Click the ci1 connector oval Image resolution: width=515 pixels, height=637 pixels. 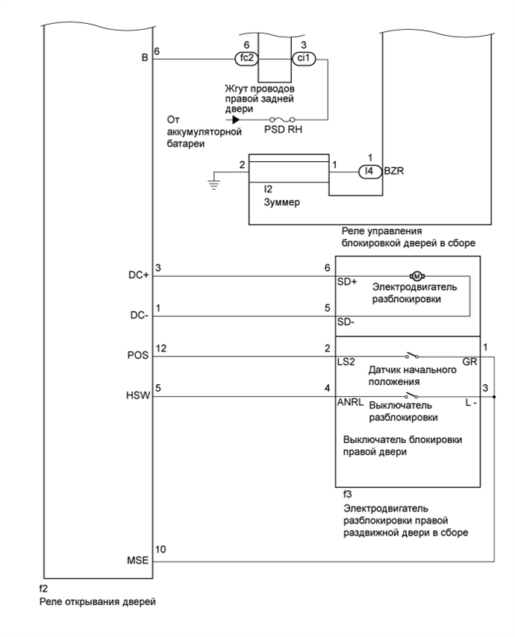coord(303,57)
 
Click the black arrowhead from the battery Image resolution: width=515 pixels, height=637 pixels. coord(236,119)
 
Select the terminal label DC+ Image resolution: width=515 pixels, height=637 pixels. coord(139,275)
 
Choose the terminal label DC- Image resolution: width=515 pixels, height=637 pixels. coord(140,316)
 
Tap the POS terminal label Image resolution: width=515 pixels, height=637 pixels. coord(138,357)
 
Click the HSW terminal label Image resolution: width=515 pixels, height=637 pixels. coord(139,398)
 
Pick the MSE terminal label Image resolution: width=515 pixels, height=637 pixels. coord(139,559)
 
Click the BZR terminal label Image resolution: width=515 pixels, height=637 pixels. coord(393,172)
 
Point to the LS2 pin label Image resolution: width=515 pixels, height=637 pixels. coord(347,363)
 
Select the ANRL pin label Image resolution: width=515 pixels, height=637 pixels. coord(351,404)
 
